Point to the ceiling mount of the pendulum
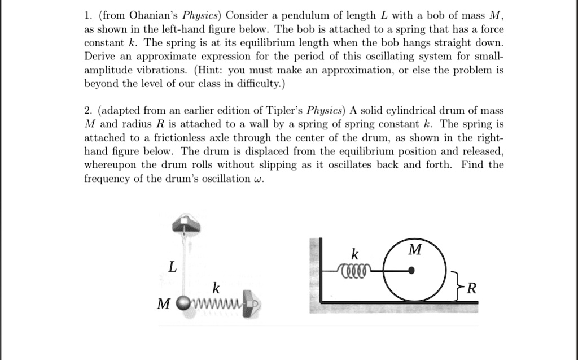pyautogui.click(x=186, y=223)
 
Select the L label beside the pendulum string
pyautogui.click(x=172, y=267)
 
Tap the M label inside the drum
pyautogui.click(x=414, y=249)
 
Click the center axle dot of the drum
pyautogui.click(x=413, y=271)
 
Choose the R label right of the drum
pyautogui.click(x=472, y=289)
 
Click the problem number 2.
pyautogui.click(x=86, y=110)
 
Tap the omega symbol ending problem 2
pyautogui.click(x=259, y=179)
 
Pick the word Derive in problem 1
pyautogui.click(x=99, y=57)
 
